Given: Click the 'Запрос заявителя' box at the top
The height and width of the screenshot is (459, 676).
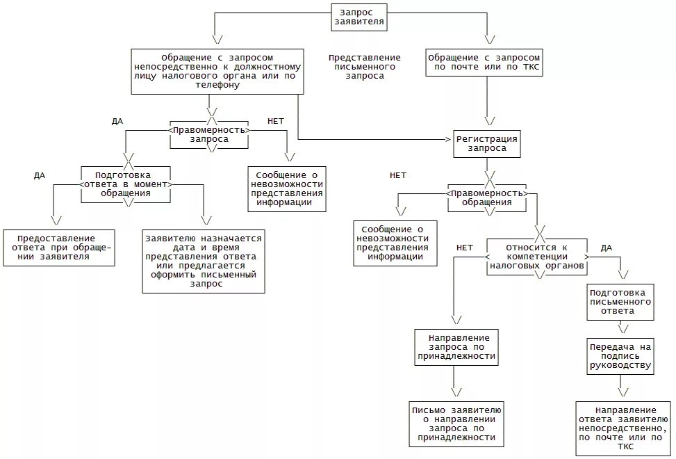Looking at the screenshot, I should [x=358, y=17].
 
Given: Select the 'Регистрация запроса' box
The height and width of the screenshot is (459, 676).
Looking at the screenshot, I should [x=486, y=143].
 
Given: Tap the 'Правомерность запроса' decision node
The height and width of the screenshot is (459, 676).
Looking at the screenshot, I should [x=209, y=134].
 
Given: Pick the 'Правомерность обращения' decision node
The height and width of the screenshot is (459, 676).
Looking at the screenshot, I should [x=487, y=198].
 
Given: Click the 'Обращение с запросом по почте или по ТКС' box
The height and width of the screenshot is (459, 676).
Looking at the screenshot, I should [x=484, y=63].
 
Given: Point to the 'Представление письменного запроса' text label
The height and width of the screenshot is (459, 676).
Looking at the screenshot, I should [x=365, y=67].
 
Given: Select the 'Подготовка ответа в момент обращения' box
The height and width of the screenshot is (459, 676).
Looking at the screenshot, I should [x=126, y=184].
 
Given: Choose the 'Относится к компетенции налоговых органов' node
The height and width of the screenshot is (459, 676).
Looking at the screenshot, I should [x=537, y=257].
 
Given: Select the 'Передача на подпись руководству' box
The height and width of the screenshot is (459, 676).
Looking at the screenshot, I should [x=620, y=355].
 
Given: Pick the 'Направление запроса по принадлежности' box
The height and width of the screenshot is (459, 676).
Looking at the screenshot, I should [x=456, y=346].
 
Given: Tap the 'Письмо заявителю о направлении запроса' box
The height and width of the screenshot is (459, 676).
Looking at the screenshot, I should [x=456, y=424].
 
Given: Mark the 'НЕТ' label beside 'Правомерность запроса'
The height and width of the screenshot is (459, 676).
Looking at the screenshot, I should [x=276, y=121].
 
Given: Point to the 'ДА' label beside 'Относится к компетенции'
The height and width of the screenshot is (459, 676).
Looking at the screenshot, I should [x=606, y=247].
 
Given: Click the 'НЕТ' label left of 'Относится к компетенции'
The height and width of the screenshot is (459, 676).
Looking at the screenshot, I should [x=465, y=247].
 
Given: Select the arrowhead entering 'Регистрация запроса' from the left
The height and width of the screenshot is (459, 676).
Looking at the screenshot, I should [x=448, y=140].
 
